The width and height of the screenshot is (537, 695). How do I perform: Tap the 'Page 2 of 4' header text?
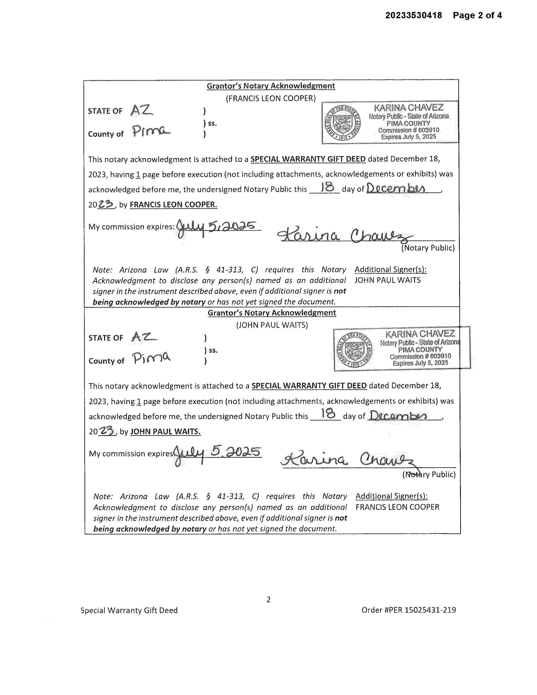[477, 15]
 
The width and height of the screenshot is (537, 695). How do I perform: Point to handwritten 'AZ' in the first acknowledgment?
[142, 110]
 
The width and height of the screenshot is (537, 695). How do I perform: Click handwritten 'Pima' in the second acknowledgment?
[152, 358]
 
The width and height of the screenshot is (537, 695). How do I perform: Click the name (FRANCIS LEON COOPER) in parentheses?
[271, 98]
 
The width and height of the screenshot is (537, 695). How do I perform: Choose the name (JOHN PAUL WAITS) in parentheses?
[272, 325]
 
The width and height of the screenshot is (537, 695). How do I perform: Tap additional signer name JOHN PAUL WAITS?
[387, 280]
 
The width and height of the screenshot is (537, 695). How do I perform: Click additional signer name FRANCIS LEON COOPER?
[397, 507]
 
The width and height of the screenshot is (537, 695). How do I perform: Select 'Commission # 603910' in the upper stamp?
[408, 130]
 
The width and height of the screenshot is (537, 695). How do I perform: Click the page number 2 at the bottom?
[268, 600]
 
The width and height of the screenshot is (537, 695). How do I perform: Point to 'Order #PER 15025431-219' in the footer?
[408, 610]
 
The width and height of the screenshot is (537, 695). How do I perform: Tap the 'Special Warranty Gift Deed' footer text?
[129, 610]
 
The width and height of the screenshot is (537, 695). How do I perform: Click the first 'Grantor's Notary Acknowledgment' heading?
[271, 86]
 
